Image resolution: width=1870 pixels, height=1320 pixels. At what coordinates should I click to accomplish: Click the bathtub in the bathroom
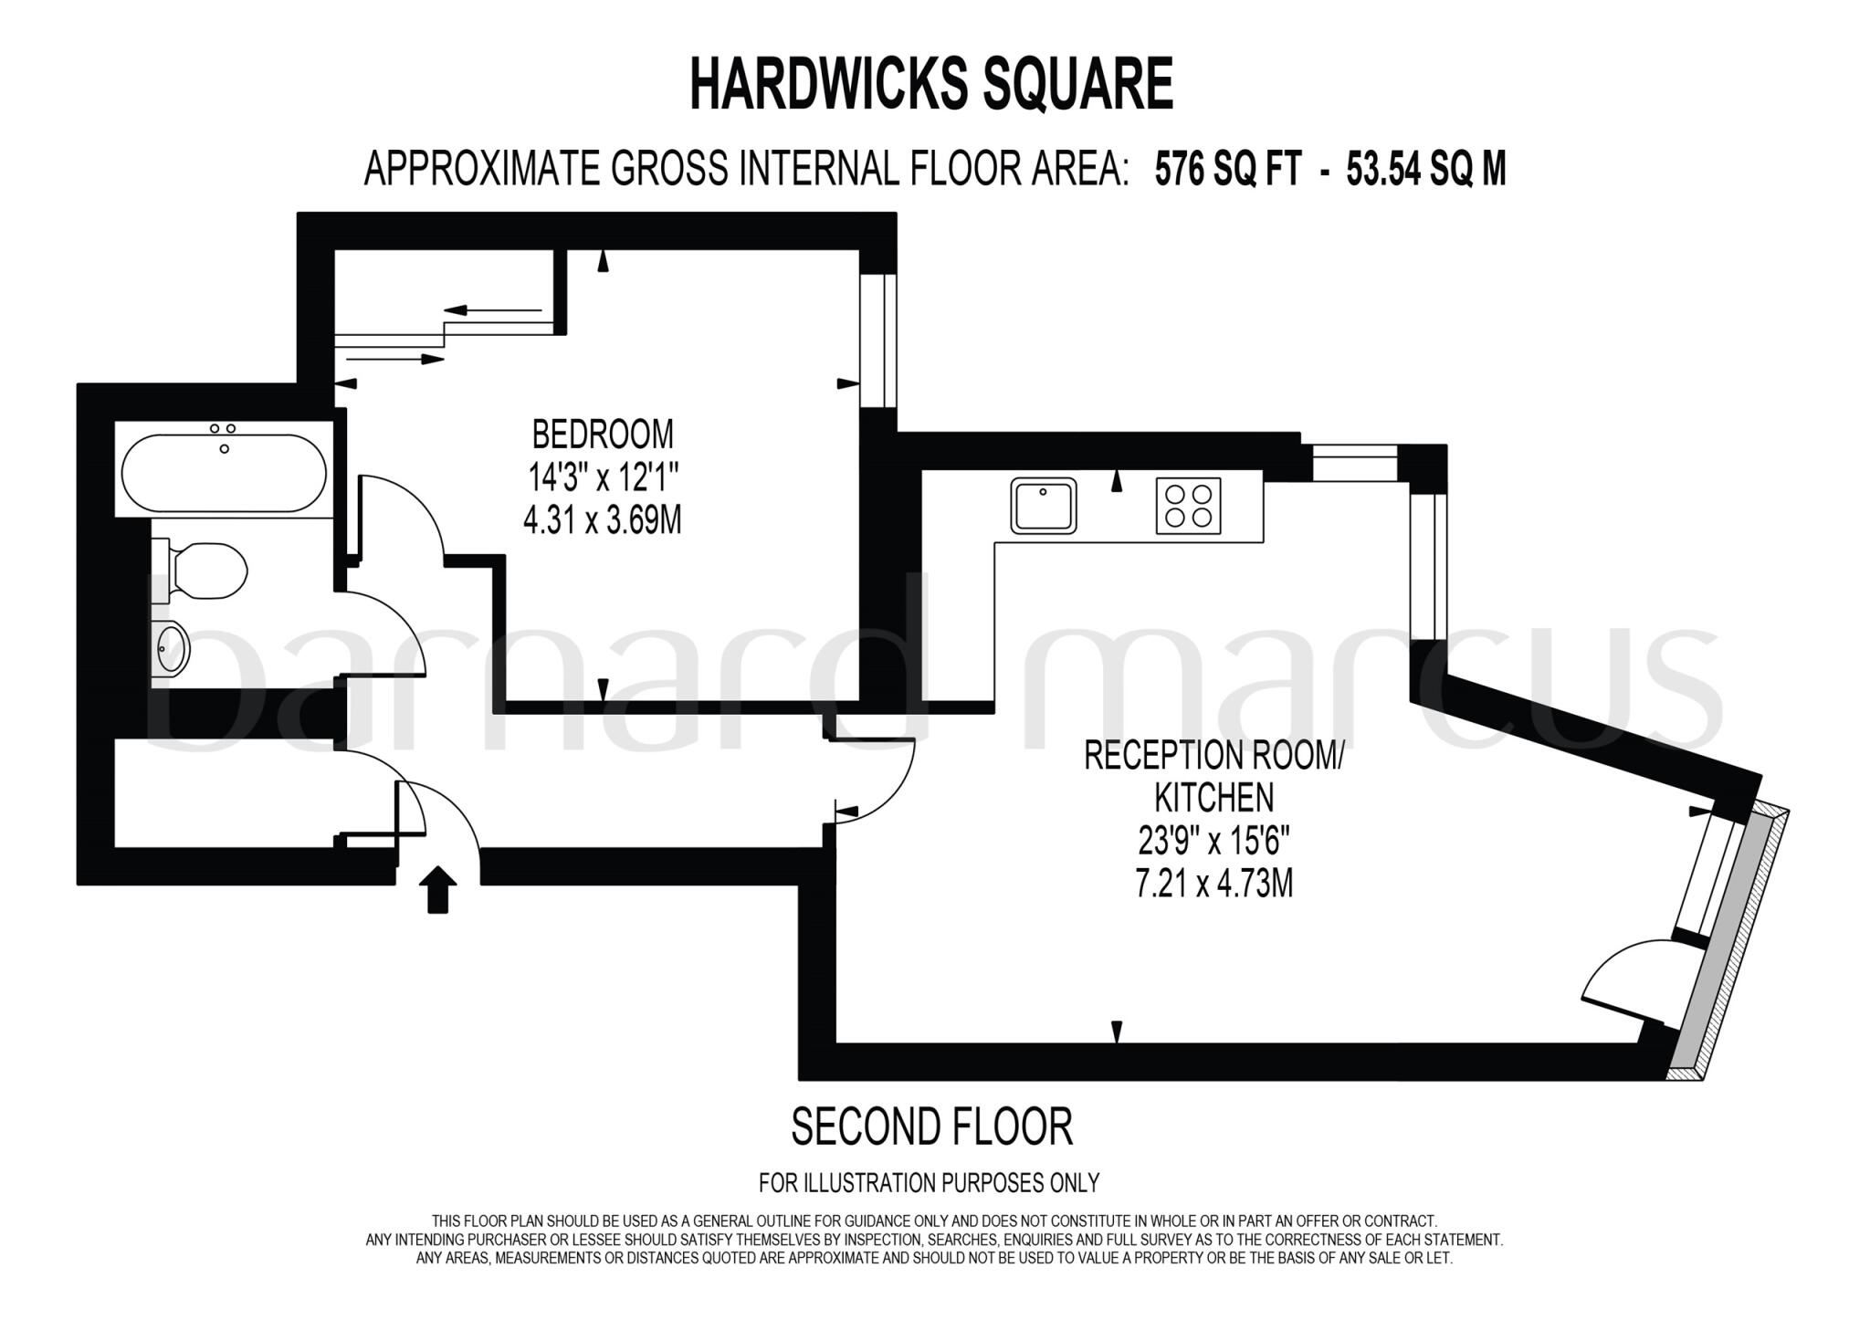pyautogui.click(x=224, y=472)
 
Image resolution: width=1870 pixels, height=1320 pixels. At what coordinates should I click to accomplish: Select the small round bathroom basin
pyautogui.click(x=171, y=646)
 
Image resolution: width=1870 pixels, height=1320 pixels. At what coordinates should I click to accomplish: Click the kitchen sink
pyautogui.click(x=1043, y=505)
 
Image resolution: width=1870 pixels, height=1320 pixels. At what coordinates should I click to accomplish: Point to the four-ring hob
pyautogui.click(x=1188, y=505)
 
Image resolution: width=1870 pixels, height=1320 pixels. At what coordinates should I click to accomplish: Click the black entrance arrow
pyautogui.click(x=438, y=889)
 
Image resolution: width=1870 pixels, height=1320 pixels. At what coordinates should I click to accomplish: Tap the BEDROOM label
pyautogui.click(x=603, y=435)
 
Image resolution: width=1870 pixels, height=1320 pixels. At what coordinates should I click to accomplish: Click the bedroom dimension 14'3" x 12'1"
pyautogui.click(x=603, y=477)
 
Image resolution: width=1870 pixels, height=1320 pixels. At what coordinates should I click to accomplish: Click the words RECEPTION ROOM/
pyautogui.click(x=1213, y=756)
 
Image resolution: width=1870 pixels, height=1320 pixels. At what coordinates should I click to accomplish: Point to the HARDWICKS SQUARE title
pyautogui.click(x=930, y=84)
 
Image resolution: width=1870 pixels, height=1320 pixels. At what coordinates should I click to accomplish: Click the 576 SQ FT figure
pyautogui.click(x=1226, y=169)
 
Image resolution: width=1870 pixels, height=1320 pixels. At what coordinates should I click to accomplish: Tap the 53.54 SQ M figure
pyautogui.click(x=1425, y=169)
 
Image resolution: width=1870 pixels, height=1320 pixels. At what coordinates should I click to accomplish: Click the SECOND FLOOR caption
pyautogui.click(x=930, y=1126)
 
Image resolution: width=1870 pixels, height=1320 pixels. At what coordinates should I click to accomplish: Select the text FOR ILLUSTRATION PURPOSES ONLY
pyautogui.click(x=929, y=1183)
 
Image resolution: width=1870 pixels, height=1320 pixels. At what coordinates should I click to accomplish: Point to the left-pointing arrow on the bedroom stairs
pyautogui.click(x=493, y=310)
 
